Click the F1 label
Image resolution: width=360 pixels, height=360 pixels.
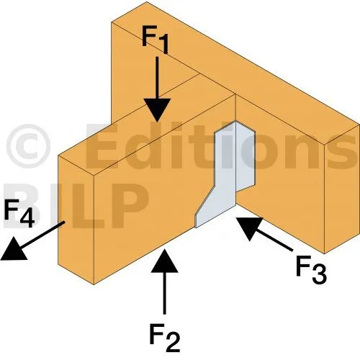coord(155,40)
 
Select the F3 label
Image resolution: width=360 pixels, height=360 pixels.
coord(311,270)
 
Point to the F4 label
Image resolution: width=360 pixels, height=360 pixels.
coord(19,213)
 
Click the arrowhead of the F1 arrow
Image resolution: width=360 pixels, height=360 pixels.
coord(157,110)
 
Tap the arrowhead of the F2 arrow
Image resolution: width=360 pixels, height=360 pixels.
coord(165,261)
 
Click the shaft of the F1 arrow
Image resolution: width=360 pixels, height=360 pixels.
coord(157,78)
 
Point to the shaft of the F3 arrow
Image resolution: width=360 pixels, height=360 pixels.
coord(274,240)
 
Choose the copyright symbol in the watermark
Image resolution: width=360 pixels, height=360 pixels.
coord(28,146)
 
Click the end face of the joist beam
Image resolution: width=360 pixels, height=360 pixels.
coord(76,220)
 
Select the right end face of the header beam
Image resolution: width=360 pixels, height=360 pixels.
coord(342,189)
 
